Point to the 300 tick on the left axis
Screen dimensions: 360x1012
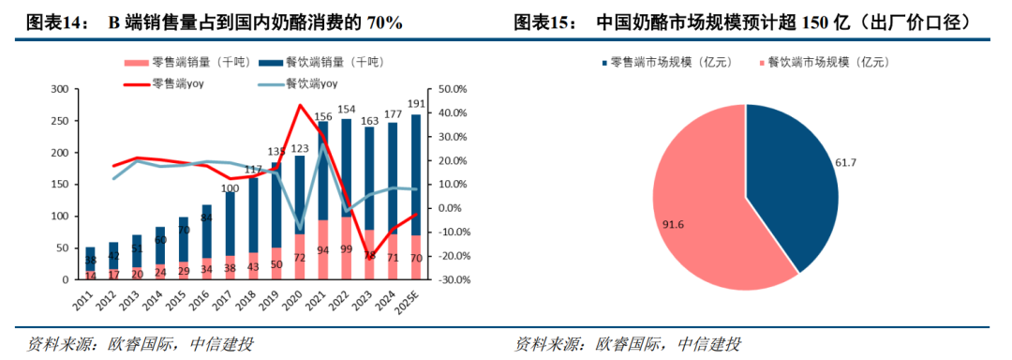point(58,89)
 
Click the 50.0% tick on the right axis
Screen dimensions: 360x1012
point(451,89)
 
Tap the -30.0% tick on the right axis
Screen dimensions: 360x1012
point(451,279)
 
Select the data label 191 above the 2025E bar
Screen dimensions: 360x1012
point(415,104)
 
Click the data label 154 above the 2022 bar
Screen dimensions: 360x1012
point(347,111)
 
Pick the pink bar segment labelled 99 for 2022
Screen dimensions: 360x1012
point(347,249)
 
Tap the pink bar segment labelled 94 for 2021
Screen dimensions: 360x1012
point(323,250)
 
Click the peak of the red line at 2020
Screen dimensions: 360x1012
point(300,105)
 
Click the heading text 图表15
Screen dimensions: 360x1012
point(542,21)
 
